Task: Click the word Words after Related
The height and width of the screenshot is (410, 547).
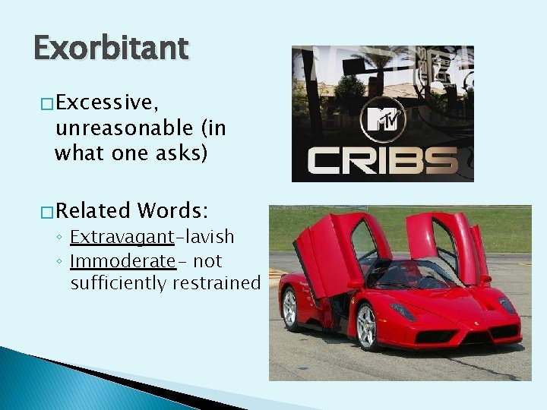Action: click(174, 210)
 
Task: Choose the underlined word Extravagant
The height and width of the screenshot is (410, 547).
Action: click(122, 238)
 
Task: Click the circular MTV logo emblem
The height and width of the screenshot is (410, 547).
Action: click(382, 119)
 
